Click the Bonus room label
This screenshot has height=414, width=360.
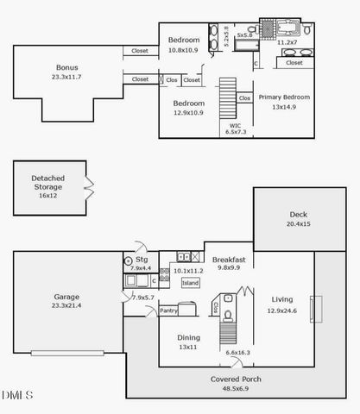(x=66, y=67)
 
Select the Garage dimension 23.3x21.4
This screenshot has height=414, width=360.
(x=66, y=305)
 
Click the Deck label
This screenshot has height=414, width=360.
(x=299, y=215)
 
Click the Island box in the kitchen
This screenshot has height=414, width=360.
(x=190, y=283)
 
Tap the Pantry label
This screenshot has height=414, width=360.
(x=168, y=310)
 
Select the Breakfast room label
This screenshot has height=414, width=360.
(x=230, y=259)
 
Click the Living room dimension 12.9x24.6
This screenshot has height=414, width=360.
(x=281, y=310)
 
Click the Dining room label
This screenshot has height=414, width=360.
(x=188, y=337)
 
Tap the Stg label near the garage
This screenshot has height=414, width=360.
(x=142, y=259)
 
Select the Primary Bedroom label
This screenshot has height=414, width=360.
(x=284, y=97)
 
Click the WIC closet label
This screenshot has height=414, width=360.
(x=235, y=125)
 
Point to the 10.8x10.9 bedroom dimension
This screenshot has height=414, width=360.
(x=183, y=51)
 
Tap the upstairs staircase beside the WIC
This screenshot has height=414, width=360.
(x=229, y=94)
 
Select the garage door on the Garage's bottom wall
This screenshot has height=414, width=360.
(x=68, y=352)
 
